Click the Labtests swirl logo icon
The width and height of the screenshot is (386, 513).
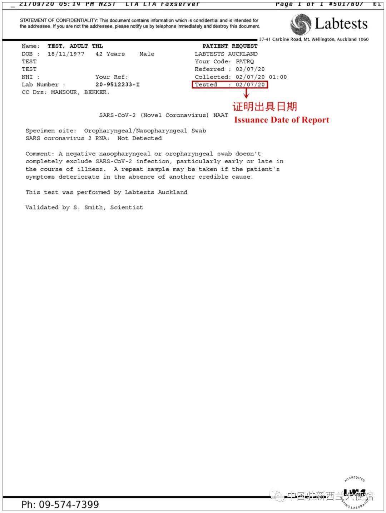pyautogui.click(x=301, y=24)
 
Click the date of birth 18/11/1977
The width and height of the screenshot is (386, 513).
pyautogui.click(x=66, y=54)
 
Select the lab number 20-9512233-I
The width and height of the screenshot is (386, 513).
pyautogui.click(x=118, y=85)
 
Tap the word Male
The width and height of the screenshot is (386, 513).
pyautogui.click(x=147, y=54)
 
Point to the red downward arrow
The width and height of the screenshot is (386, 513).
pyautogui.click(x=246, y=94)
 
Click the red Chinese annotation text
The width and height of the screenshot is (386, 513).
pyautogui.click(x=265, y=106)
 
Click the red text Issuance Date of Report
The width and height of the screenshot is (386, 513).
pyautogui.click(x=282, y=120)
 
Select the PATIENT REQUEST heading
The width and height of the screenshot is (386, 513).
pyautogui.click(x=230, y=46)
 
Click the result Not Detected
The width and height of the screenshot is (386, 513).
pyautogui.click(x=139, y=139)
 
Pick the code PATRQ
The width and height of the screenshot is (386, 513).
pyautogui.click(x=245, y=62)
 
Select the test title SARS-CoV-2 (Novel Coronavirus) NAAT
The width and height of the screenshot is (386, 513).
pyautogui.click(x=164, y=115)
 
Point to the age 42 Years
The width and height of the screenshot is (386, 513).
pyautogui.click(x=110, y=54)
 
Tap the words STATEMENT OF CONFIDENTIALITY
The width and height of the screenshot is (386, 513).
pyautogui.click(x=59, y=20)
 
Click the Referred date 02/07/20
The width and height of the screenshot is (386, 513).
pyautogui.click(x=250, y=69)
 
